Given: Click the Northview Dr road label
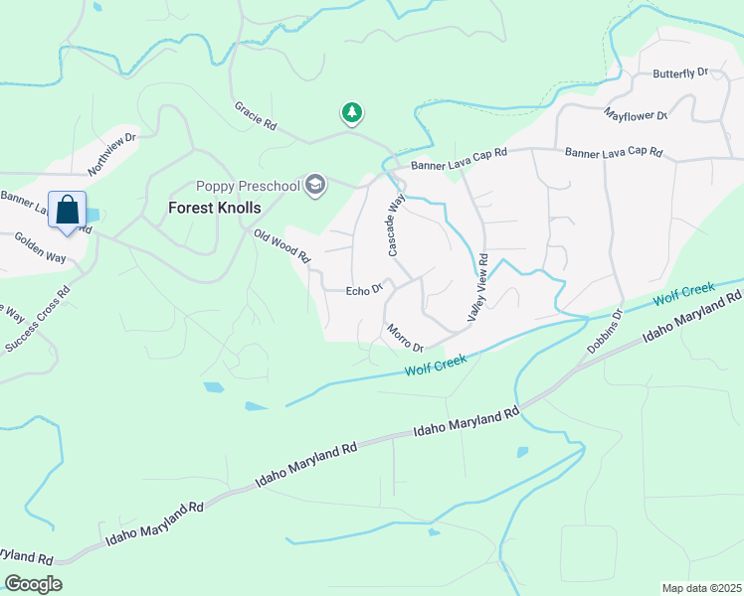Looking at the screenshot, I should pyautogui.click(x=111, y=152).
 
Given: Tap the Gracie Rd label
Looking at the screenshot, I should pyautogui.click(x=255, y=116).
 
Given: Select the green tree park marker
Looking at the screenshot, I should pyautogui.click(x=351, y=113).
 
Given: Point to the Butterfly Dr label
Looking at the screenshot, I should pyautogui.click(x=679, y=73).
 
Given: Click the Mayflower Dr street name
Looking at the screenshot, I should pyautogui.click(x=637, y=115).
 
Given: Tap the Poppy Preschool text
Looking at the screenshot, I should pyautogui.click(x=249, y=186).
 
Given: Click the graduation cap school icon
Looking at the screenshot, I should pyautogui.click(x=316, y=185).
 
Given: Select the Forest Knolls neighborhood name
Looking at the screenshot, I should pyautogui.click(x=214, y=208).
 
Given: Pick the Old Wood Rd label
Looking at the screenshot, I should pyautogui.click(x=282, y=246).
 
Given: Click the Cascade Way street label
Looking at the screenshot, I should pyautogui.click(x=394, y=224).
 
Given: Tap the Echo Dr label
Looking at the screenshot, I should pyautogui.click(x=364, y=290).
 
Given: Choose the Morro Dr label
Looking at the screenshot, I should pyautogui.click(x=405, y=338).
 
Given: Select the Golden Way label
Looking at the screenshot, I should pyautogui.click(x=41, y=247).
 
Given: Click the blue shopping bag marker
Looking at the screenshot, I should pyautogui.click(x=67, y=211).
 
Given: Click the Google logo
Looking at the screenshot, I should pyautogui.click(x=33, y=584).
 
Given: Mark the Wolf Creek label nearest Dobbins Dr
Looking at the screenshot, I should pyautogui.click(x=684, y=294).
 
